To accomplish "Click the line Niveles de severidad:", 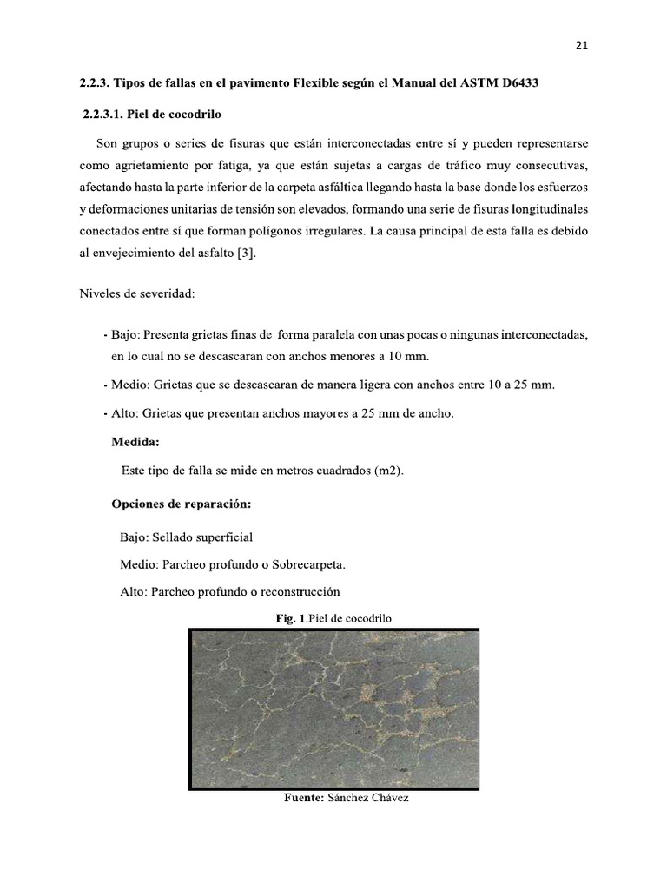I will [136, 294].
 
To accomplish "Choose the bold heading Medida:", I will [135, 442].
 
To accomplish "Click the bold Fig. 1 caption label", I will [289, 618].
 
